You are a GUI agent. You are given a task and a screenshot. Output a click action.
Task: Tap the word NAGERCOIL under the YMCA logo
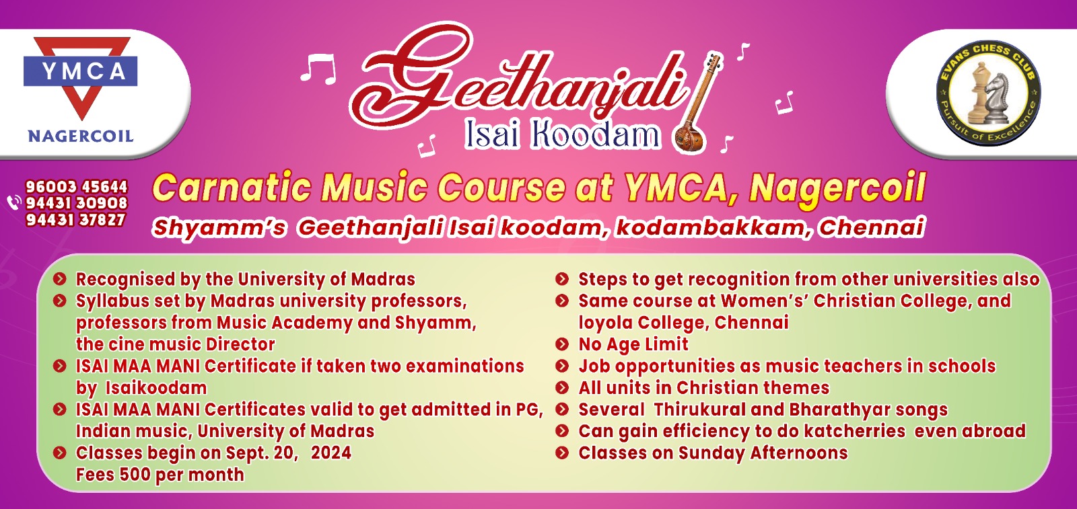(81, 136)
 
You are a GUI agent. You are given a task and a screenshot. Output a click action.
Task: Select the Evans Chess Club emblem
(989, 93)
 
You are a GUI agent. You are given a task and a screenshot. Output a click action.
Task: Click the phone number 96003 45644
(77, 187)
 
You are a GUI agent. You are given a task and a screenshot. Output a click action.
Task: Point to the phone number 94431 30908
(77, 203)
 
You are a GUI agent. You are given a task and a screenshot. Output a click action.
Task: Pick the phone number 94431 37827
(75, 220)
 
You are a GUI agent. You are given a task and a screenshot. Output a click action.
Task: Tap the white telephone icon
(14, 202)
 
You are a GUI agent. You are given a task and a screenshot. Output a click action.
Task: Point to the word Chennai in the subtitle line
(872, 228)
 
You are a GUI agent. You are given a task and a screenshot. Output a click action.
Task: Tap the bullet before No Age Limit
(561, 344)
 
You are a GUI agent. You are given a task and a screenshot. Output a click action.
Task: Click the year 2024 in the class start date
(331, 453)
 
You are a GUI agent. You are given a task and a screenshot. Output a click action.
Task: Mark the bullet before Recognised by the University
(60, 279)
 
